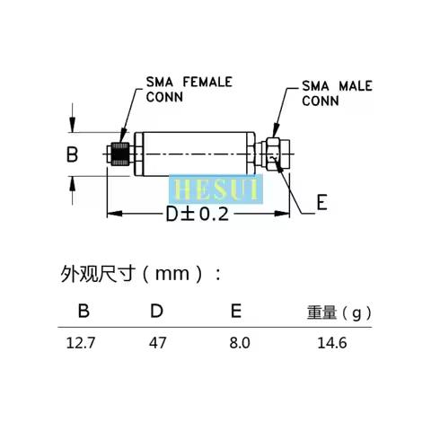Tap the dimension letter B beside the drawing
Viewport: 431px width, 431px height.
point(73,154)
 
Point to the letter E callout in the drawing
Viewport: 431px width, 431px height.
point(321,203)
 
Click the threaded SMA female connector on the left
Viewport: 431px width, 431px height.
point(118,154)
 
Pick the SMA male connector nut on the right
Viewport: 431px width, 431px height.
point(277,154)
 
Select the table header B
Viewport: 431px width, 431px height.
point(84,312)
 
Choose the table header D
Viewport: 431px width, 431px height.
point(156,312)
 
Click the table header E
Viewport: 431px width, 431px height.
point(235,312)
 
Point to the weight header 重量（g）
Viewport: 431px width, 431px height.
point(339,313)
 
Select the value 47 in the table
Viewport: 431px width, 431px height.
point(156,342)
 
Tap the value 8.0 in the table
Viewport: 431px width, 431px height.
point(239,342)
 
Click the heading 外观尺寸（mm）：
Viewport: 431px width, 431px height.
point(139,273)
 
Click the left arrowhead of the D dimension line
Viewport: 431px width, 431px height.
point(111,214)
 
